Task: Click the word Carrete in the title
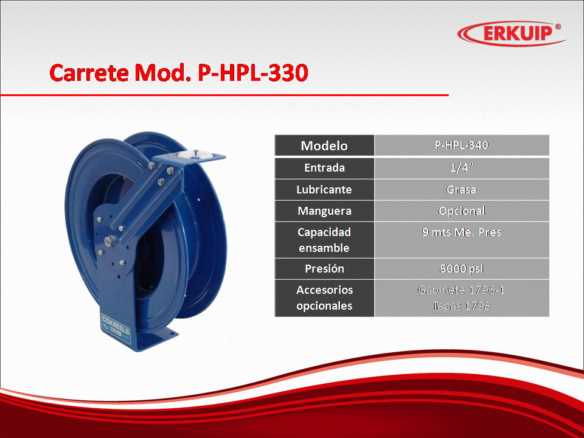coord(89,72)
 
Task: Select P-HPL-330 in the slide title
coord(253,72)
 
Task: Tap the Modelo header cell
coord(324,145)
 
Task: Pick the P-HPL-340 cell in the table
coord(462,145)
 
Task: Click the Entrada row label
coord(324,168)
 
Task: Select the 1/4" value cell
coord(462,168)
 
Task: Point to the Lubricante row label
coord(324,190)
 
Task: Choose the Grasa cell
coord(462,190)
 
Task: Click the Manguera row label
coord(324,211)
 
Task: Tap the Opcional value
coord(462,211)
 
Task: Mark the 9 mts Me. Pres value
coord(462,232)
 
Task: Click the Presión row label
coord(324,268)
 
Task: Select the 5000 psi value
coord(462,268)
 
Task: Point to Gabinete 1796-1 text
coord(461,290)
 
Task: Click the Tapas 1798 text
coord(461,306)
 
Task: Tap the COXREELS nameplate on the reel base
coord(116,325)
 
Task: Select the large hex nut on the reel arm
coord(110,241)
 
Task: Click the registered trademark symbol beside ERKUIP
coord(558,27)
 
